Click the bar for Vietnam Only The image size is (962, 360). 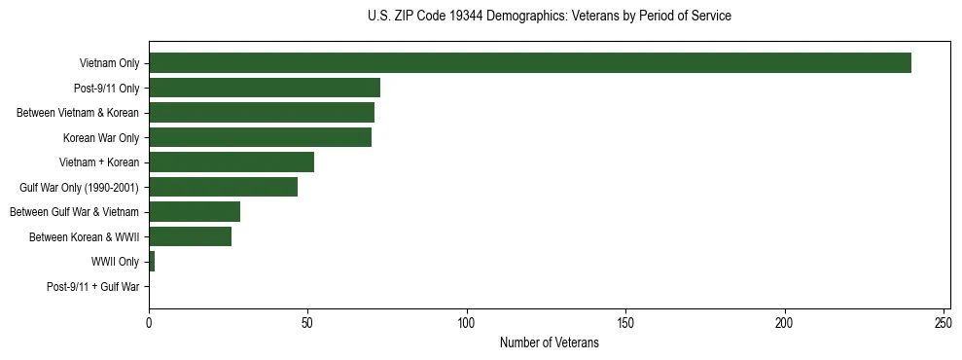tap(530, 63)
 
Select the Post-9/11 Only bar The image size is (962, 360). tap(265, 88)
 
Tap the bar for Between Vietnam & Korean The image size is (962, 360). tap(262, 113)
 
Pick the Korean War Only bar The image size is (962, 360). tap(260, 137)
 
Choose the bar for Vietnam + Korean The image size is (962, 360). tap(232, 162)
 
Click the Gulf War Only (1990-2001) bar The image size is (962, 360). tap(224, 187)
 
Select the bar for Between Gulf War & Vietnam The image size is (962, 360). tap(195, 212)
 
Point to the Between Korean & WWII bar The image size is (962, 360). tap(191, 236)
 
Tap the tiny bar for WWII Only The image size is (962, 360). tap(152, 262)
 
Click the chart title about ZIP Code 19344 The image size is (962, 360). tap(550, 17)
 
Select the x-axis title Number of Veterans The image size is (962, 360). tap(550, 343)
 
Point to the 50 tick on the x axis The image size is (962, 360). tap(307, 322)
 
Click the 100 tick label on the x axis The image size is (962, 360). tap(467, 322)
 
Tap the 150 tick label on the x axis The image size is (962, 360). tap(625, 322)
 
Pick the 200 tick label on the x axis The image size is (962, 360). tap(785, 322)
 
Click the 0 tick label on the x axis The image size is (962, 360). tap(149, 322)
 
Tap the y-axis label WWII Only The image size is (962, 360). tap(116, 262)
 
